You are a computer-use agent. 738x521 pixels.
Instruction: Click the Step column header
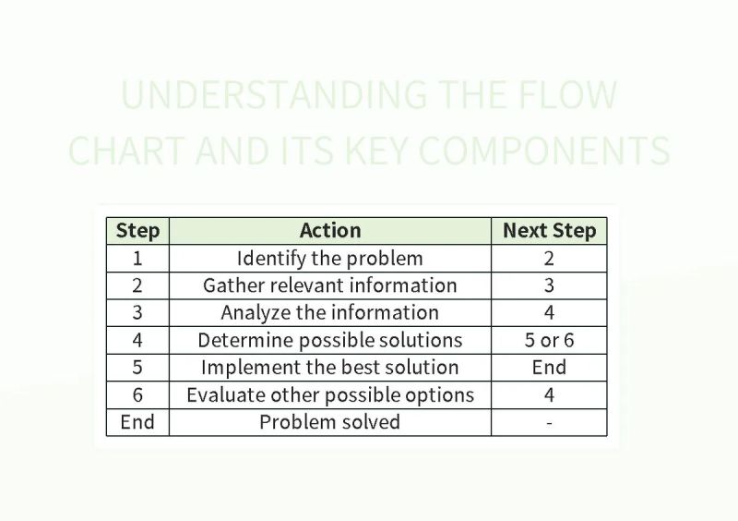coord(137,231)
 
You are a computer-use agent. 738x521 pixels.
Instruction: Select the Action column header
coord(330,231)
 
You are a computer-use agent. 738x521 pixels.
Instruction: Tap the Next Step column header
coord(549,231)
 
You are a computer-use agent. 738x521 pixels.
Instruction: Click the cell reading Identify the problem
coord(330,258)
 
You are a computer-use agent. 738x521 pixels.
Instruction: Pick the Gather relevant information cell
coord(330,285)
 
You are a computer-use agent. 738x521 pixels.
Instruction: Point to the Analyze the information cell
coord(330,312)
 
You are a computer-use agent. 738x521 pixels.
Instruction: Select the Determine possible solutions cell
coord(330,340)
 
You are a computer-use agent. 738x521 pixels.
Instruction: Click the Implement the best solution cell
coord(330,367)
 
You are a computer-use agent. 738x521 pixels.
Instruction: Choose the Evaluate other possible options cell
coord(330,394)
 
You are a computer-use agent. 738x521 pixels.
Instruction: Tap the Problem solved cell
coord(330,422)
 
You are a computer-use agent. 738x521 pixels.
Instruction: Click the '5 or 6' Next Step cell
coord(549,340)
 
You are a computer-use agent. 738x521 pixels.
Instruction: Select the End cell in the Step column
coord(137,422)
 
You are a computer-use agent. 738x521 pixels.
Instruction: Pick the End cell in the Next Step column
coord(549,367)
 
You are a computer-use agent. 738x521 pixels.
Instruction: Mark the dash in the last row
coord(549,422)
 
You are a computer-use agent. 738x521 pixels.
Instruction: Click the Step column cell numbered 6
coord(137,394)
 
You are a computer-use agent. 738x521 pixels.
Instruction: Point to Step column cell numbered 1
coord(137,258)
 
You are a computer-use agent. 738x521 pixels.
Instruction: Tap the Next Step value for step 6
coord(549,394)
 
